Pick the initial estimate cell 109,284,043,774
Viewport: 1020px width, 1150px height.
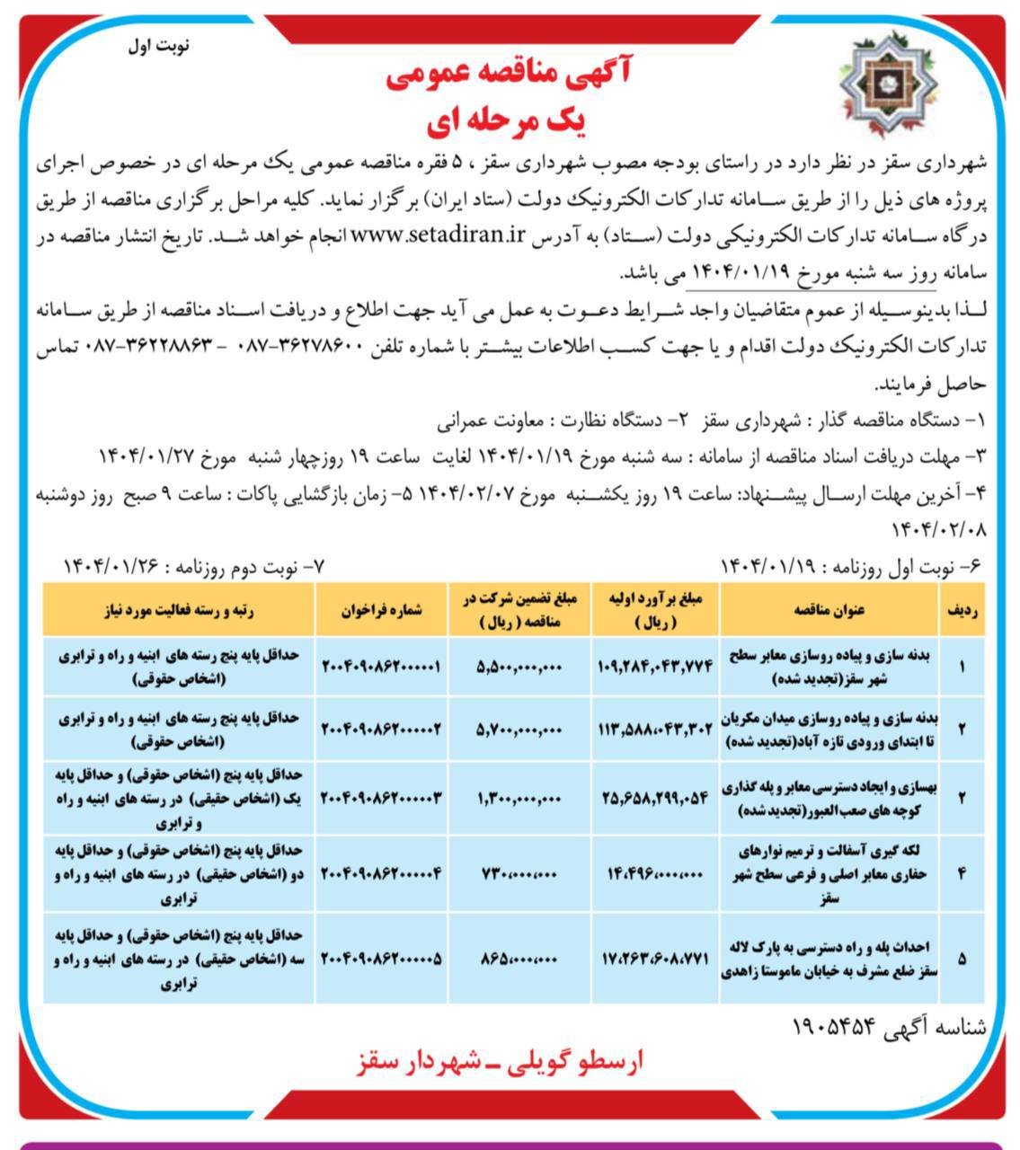[x=655, y=667]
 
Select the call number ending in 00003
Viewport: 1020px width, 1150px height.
[x=381, y=796]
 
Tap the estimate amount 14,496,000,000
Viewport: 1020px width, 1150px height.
[x=655, y=871]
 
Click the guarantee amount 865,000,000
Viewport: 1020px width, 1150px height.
[x=519, y=960]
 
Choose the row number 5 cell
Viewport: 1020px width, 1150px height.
[x=962, y=960]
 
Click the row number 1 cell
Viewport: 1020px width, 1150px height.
[x=962, y=667]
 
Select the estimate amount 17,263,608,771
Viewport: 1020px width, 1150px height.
[x=655, y=960]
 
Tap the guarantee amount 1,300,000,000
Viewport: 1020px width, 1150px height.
[x=519, y=796]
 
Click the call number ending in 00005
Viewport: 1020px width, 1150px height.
[x=381, y=960]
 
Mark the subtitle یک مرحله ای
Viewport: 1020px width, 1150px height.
[x=509, y=123]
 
